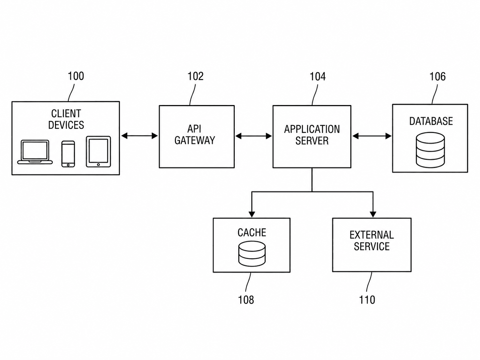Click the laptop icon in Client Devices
tap(35, 152)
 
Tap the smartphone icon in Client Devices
tap(68, 154)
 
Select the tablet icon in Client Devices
tap(98, 152)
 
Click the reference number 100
tap(76, 76)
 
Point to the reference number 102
tap(196, 76)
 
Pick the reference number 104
tap(318, 77)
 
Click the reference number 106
tap(438, 77)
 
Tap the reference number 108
tap(246, 300)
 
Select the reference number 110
tap(367, 300)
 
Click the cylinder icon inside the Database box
tap(430, 150)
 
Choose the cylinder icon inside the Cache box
tap(252, 254)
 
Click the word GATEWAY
tap(195, 140)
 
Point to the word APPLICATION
tap(312, 129)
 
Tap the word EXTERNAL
tap(372, 235)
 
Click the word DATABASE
tap(431, 121)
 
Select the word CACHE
tap(252, 232)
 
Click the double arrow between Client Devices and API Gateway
tap(140, 136)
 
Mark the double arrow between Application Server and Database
tap(372, 136)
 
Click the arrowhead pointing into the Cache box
tap(252, 214)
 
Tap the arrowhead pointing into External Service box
tap(373, 214)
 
